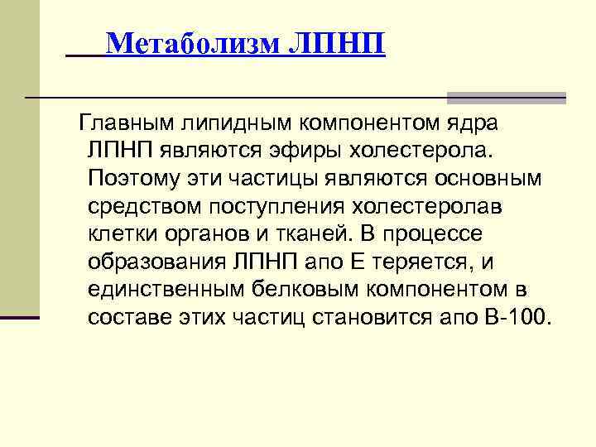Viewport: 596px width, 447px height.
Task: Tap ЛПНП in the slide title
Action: pos(338,43)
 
